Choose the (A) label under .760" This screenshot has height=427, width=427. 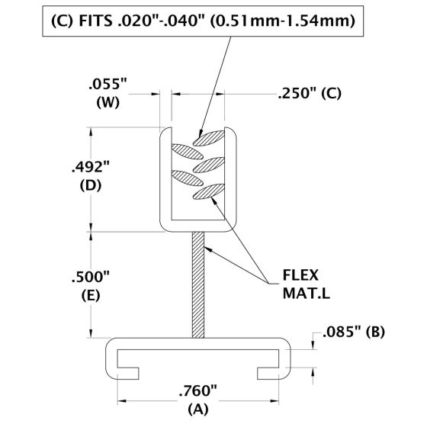[197, 410]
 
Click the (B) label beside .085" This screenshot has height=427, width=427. [376, 332]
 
